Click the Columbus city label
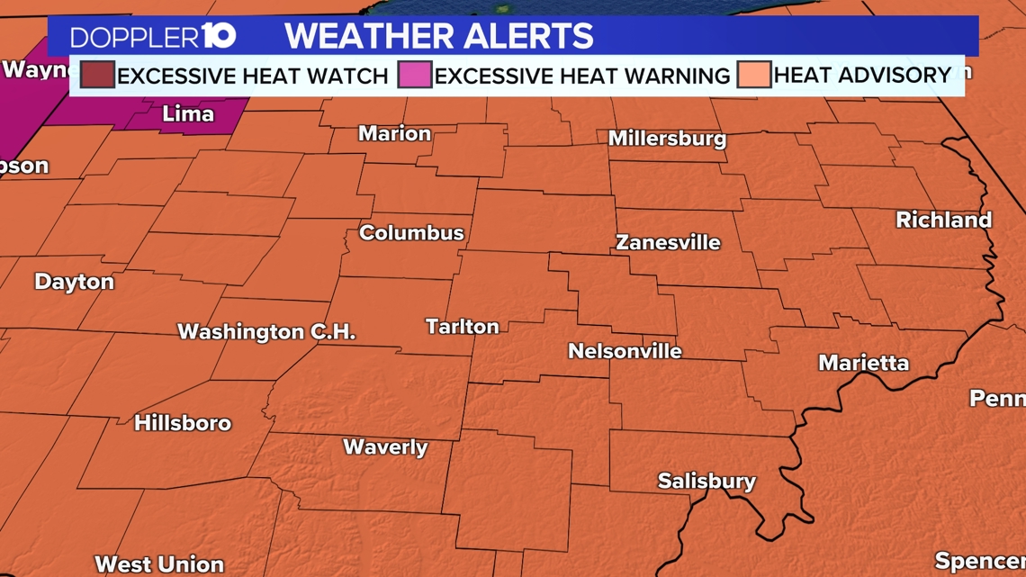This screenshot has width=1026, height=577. click(411, 233)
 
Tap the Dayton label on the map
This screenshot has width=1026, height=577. click(74, 282)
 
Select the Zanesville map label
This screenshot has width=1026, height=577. click(668, 242)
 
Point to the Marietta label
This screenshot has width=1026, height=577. click(863, 363)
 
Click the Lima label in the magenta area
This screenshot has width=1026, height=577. click(187, 114)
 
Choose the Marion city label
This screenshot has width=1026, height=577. click(394, 134)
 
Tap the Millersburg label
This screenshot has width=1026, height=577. click(667, 139)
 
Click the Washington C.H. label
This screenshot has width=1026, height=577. click(266, 332)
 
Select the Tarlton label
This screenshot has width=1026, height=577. click(462, 327)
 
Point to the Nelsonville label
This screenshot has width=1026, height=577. click(625, 351)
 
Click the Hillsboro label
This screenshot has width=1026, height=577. click(183, 423)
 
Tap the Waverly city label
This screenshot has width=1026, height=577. click(385, 447)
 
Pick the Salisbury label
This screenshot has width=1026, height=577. click(706, 482)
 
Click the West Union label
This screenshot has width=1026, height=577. click(159, 564)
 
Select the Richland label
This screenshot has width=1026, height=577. click(943, 220)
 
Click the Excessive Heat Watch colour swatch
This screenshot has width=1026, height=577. click(97, 75)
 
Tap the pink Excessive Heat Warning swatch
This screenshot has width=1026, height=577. click(415, 75)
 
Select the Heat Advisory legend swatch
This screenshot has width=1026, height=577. click(753, 75)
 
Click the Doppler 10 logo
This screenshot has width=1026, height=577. click(153, 37)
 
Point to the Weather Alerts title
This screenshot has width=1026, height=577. click(439, 37)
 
